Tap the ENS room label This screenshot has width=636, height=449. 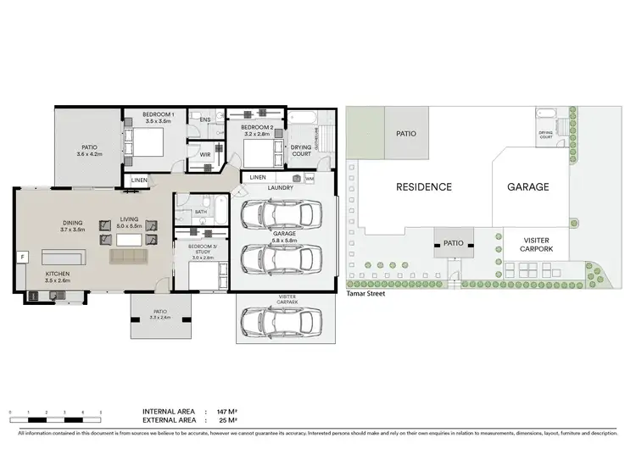(x=204, y=120)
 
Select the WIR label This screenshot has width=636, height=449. (x=205, y=155)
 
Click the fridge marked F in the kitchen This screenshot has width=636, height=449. (x=23, y=255)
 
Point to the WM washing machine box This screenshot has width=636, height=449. (x=310, y=179)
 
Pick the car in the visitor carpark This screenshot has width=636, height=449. (x=281, y=319)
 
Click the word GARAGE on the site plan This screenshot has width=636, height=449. (x=527, y=187)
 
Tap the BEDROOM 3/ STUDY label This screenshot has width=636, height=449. (x=202, y=249)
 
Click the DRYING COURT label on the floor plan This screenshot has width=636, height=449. (x=301, y=148)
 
